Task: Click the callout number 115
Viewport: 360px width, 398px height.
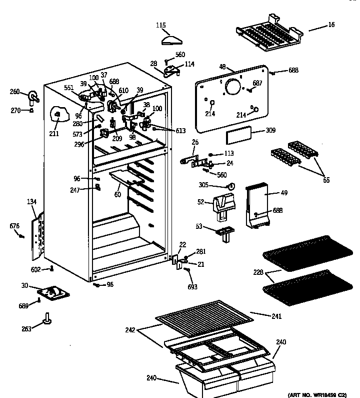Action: [160, 25]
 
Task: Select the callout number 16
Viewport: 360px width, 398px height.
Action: [331, 25]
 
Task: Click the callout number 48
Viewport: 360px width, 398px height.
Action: [223, 66]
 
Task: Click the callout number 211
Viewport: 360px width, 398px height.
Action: [53, 133]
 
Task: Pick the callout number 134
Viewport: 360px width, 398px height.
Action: [32, 202]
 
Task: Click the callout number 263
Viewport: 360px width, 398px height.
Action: [26, 328]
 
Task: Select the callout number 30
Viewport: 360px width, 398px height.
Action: [24, 286]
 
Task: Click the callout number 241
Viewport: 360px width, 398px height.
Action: [276, 316]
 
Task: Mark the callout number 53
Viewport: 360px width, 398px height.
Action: [199, 227]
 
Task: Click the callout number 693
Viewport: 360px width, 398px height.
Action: [192, 287]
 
